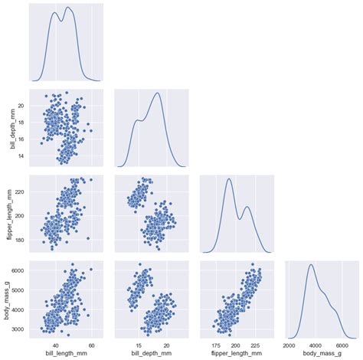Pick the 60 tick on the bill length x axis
(91, 344)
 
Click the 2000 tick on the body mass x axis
(291, 344)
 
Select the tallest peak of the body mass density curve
(312, 265)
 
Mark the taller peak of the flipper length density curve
(229, 179)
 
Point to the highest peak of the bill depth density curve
(159, 93)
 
